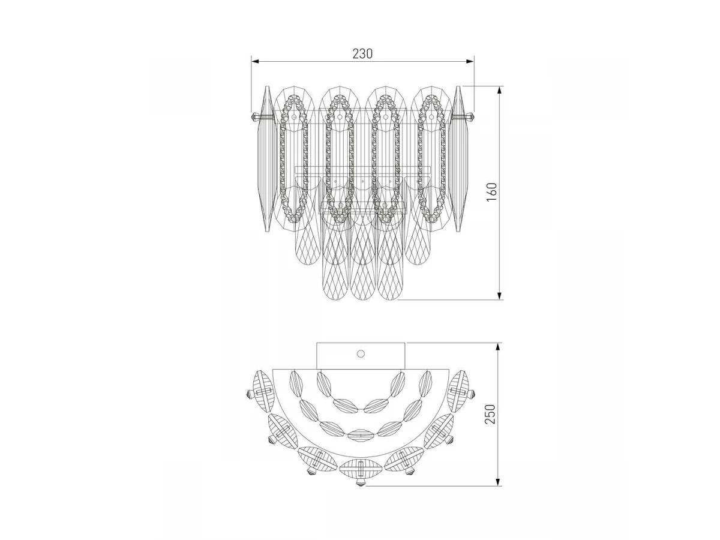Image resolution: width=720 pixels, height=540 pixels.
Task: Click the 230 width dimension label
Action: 362,53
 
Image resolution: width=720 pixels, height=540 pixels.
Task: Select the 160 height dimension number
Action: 492,193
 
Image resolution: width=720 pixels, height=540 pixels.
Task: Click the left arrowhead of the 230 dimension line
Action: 255,61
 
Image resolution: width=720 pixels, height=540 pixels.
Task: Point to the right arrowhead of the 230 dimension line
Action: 470,61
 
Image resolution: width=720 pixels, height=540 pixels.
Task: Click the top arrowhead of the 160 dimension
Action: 500,90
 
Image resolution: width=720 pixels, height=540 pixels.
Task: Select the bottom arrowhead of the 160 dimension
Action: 500,295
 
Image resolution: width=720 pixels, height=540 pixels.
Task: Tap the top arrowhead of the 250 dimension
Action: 498,347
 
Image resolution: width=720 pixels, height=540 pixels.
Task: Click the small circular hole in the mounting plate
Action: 361,354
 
